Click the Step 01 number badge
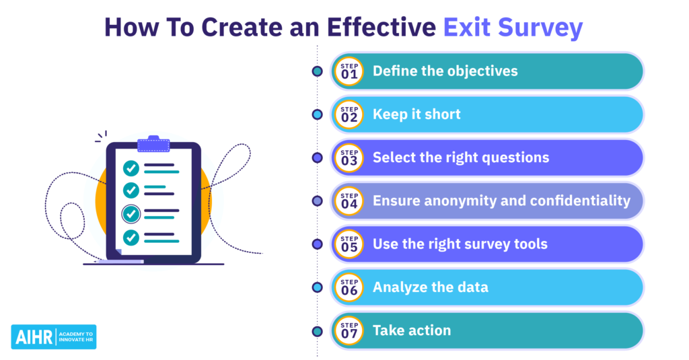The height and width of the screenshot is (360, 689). point(349,71)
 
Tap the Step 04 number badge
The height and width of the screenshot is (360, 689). point(349,201)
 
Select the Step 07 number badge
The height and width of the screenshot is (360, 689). point(349,330)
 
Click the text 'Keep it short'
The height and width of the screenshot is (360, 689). point(416,114)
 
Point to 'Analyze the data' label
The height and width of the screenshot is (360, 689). point(430,287)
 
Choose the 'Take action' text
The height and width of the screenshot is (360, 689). point(412,330)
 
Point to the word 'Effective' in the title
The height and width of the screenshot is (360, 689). point(382,27)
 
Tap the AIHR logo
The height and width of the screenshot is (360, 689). point(54,337)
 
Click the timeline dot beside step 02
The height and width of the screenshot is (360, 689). point(318,114)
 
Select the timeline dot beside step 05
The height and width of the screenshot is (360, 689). point(318,244)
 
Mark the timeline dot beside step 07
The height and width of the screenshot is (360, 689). point(318,332)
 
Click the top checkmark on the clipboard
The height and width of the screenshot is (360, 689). point(131,168)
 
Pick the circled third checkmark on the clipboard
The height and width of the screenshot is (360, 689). point(131,214)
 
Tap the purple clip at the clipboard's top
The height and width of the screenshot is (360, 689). point(153,144)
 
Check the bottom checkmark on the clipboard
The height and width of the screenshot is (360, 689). point(131,238)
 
